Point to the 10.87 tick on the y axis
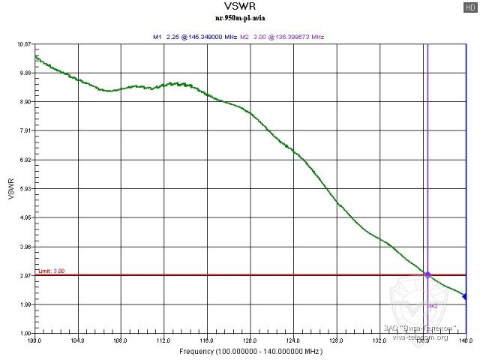point(23,45)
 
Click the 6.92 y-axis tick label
point(24,160)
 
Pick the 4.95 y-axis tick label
point(24,218)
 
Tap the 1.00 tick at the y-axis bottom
point(24,334)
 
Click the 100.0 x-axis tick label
point(34,340)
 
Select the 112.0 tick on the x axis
point(164,340)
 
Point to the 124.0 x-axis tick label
point(294,340)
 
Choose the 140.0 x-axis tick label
point(466,340)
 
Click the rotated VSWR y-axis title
point(10,189)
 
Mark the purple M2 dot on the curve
point(427,275)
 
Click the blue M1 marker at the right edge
point(465,297)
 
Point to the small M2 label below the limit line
point(433,306)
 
